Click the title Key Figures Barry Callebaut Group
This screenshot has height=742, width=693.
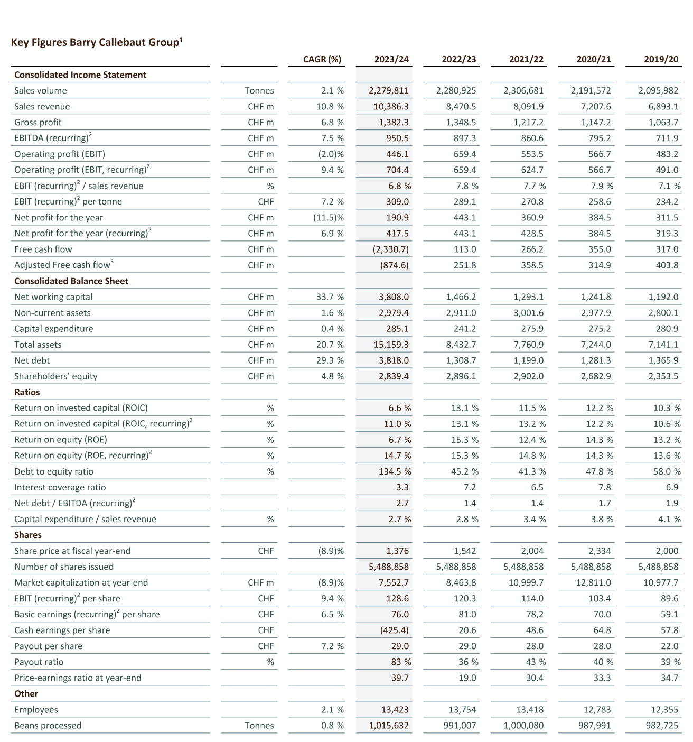tap(97, 42)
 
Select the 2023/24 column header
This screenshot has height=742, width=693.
tap(391, 59)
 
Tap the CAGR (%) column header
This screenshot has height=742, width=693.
tap(322, 59)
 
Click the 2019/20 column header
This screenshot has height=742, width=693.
tap(661, 59)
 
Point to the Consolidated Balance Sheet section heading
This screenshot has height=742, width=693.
tap(71, 281)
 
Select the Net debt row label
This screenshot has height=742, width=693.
tap(32, 360)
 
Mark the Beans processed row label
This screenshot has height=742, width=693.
tap(48, 725)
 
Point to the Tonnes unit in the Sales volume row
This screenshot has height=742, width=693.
tap(259, 91)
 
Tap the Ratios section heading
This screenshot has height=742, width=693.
tap(27, 392)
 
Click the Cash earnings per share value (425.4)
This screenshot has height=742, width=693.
tap(394, 630)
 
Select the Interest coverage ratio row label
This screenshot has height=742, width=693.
tap(60, 487)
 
